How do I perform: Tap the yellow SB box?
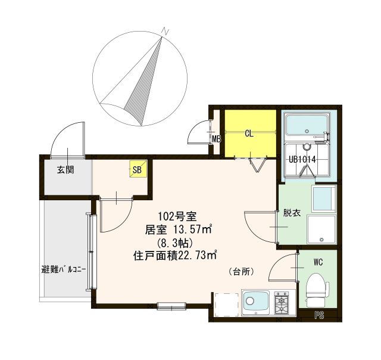click(137, 170)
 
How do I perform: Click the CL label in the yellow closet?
click(249, 134)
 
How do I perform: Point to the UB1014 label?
click(302, 160)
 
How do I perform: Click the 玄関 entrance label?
click(65, 170)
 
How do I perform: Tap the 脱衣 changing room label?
click(291, 212)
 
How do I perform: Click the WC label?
click(318, 260)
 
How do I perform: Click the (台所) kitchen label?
click(242, 271)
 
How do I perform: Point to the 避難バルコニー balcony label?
click(64, 269)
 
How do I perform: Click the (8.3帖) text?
click(173, 243)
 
